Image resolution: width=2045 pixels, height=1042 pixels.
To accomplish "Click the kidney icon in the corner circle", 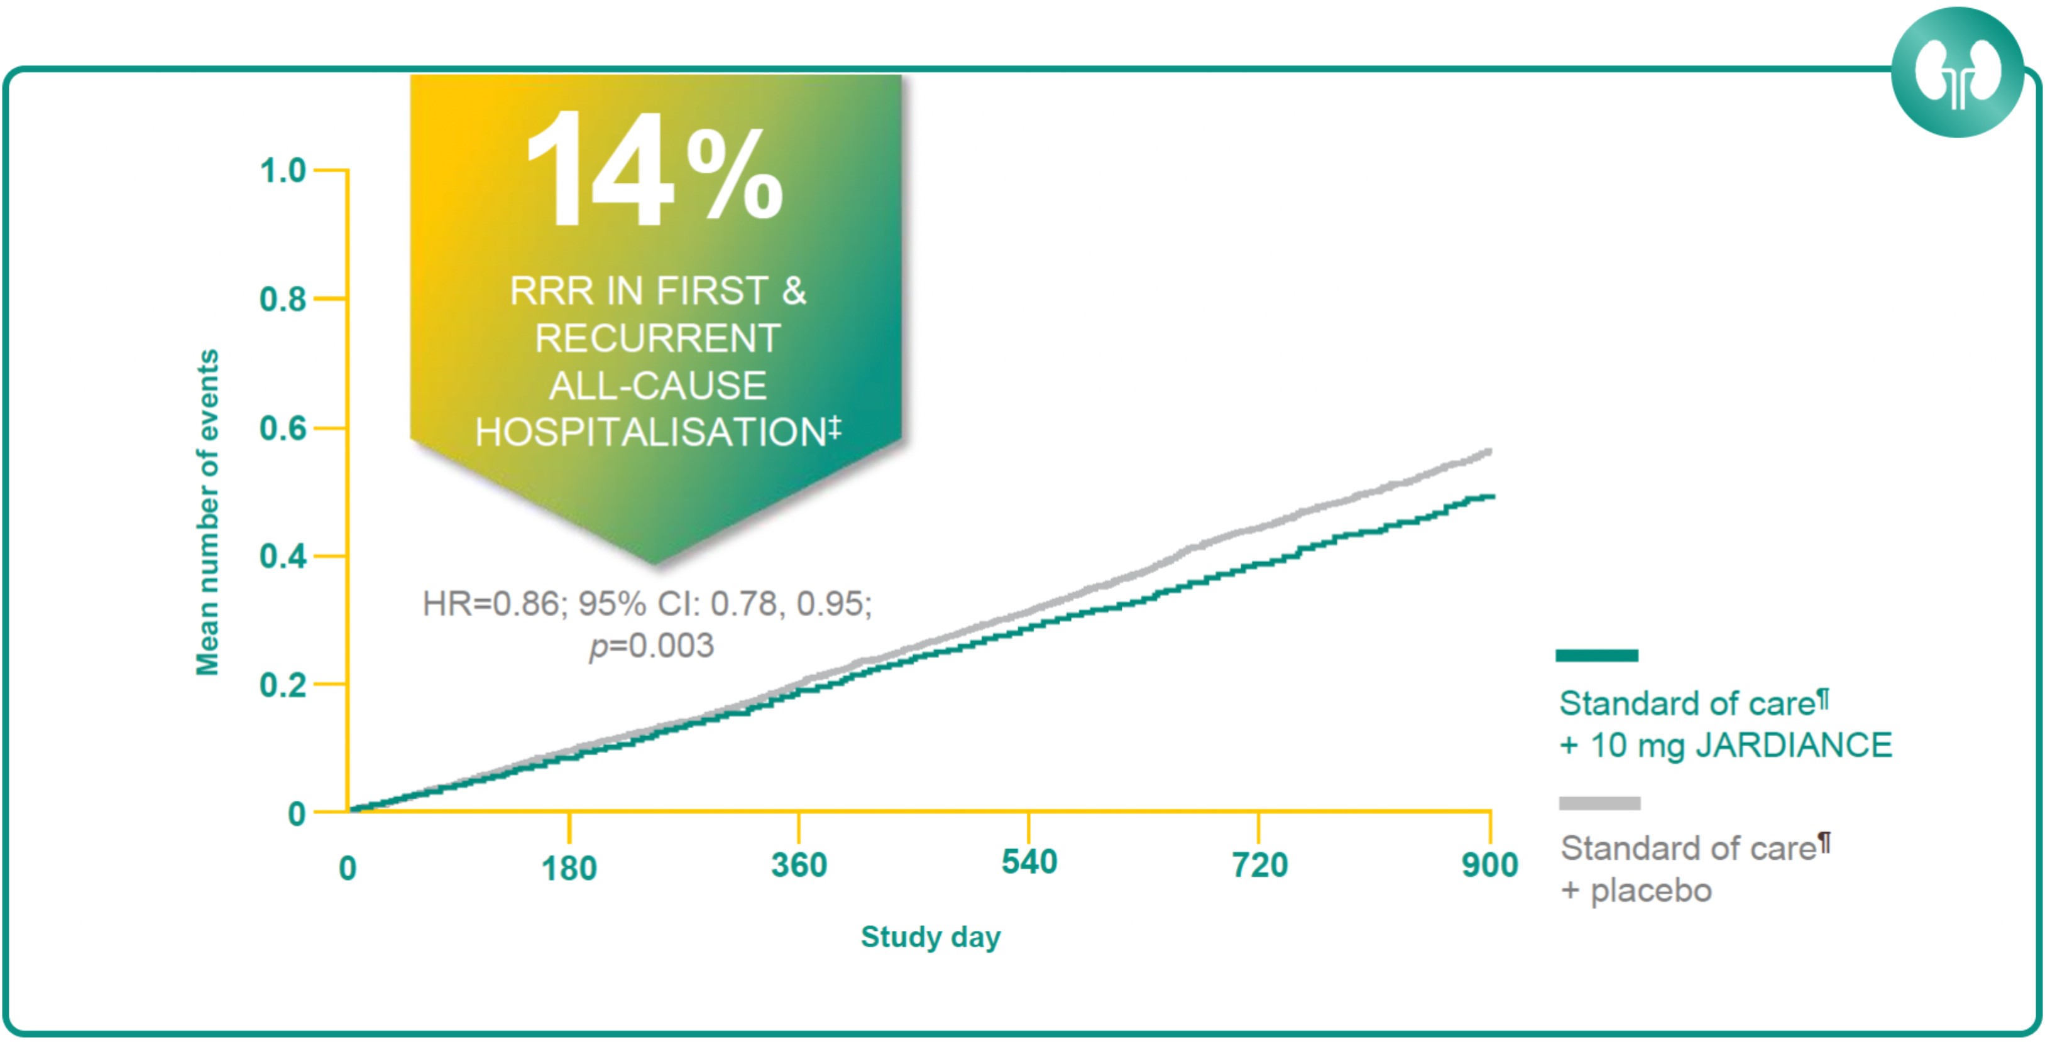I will coord(1957,73).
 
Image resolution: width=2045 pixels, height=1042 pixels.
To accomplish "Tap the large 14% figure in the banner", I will coord(654,171).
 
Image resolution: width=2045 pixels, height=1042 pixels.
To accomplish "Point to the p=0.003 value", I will coord(651,646).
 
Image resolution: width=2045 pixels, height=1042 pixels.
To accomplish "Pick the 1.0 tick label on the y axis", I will coord(283,171).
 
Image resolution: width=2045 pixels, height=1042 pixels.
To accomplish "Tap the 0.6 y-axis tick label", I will coord(283,428).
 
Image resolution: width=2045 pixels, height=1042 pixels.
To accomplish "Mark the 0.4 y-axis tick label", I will coord(283,557).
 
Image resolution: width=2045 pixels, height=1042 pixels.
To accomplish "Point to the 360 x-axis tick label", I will coord(799,866).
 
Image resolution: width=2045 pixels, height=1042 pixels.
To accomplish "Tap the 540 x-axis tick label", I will coord(1029,862).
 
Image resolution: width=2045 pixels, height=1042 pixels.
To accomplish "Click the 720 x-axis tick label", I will coord(1259,866).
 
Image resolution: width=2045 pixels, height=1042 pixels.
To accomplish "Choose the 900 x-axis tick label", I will coord(1489,866).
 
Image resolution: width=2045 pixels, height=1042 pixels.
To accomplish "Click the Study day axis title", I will coord(930,937).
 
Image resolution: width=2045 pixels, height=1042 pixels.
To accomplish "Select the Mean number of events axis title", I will coord(207,513).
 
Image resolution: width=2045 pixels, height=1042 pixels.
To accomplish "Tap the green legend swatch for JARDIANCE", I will coord(1596,656).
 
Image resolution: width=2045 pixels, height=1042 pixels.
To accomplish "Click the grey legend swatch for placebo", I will coord(1599,803).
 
